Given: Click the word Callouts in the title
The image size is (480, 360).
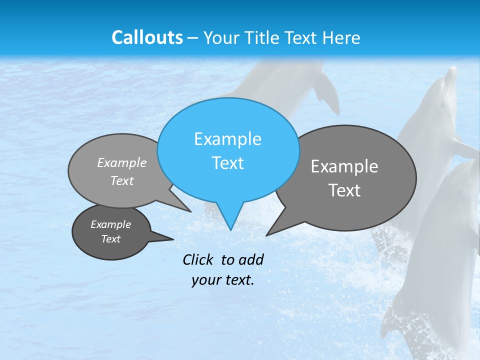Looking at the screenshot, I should [147, 37].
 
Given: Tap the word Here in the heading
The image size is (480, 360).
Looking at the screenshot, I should [342, 37].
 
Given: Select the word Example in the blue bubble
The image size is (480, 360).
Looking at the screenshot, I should [227, 139].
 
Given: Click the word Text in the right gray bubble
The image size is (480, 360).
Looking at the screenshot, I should [344, 190].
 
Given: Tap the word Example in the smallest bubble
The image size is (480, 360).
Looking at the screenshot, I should [110, 224].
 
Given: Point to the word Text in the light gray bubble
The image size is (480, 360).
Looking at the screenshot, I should [122, 181].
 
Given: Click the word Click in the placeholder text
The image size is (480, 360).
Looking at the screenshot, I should [198, 259].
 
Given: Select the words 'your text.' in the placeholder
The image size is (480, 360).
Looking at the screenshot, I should [223, 280].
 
